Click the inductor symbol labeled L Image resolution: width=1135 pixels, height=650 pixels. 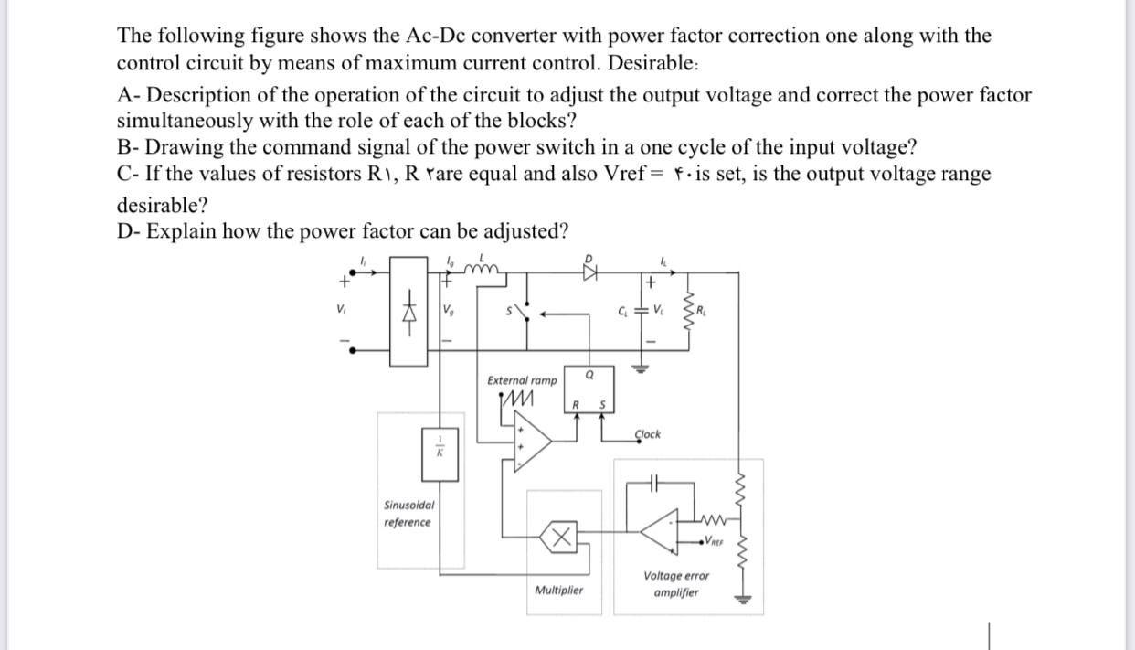coord(482,268)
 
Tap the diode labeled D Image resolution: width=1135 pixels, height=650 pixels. coord(589,270)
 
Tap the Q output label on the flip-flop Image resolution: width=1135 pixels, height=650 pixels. coord(589,373)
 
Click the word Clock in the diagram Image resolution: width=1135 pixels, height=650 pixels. coord(647,434)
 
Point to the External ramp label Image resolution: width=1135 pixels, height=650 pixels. coord(521,379)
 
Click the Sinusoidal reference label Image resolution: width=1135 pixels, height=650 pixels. coord(408,513)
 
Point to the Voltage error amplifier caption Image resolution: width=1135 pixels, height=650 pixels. coord(675,583)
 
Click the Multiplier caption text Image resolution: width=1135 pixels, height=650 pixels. coord(558,591)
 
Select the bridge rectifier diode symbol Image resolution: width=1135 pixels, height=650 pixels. coord(409,310)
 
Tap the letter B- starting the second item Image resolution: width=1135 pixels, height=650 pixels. coord(129,147)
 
